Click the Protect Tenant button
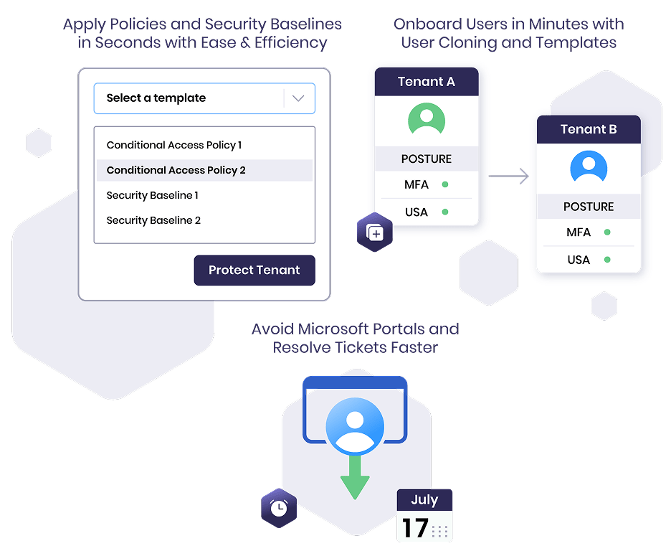click(254, 270)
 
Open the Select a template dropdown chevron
click(298, 98)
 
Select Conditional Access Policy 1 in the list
click(174, 145)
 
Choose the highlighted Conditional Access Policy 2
click(176, 171)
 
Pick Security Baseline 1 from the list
click(153, 195)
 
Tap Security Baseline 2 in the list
click(153, 220)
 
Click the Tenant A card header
click(427, 81)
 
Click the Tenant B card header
click(589, 129)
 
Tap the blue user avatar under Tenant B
click(589, 167)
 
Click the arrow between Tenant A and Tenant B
click(509, 176)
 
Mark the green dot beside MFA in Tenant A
click(445, 184)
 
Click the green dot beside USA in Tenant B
click(607, 260)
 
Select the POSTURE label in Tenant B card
click(589, 207)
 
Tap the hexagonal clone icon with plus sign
click(375, 232)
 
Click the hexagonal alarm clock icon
click(279, 508)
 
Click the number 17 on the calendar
click(416, 528)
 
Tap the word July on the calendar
click(424, 499)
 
